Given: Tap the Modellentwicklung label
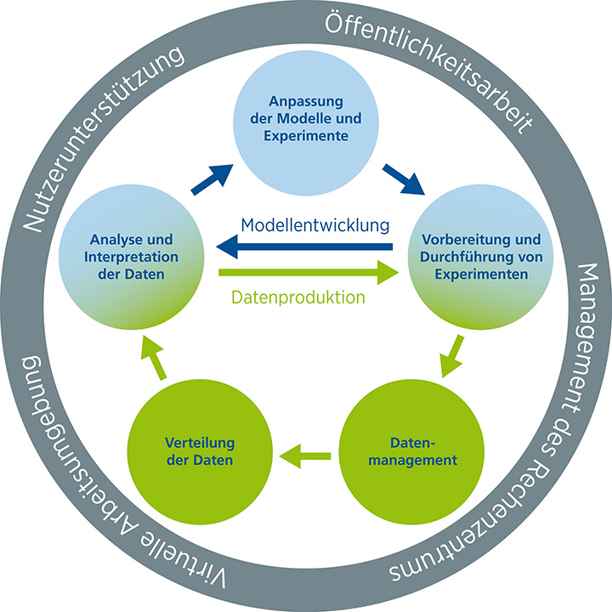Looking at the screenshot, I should (314, 226).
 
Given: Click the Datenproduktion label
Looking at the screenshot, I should (298, 298).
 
